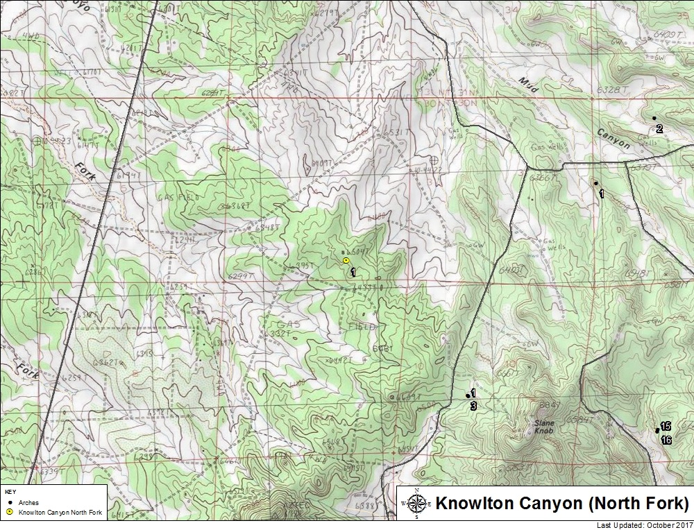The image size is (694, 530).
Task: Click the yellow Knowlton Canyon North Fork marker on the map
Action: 346,260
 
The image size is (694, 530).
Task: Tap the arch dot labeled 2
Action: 654,119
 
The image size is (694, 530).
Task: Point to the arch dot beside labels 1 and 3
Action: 468,395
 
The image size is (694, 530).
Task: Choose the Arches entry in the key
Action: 28,502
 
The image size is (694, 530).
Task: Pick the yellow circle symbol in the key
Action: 9,512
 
